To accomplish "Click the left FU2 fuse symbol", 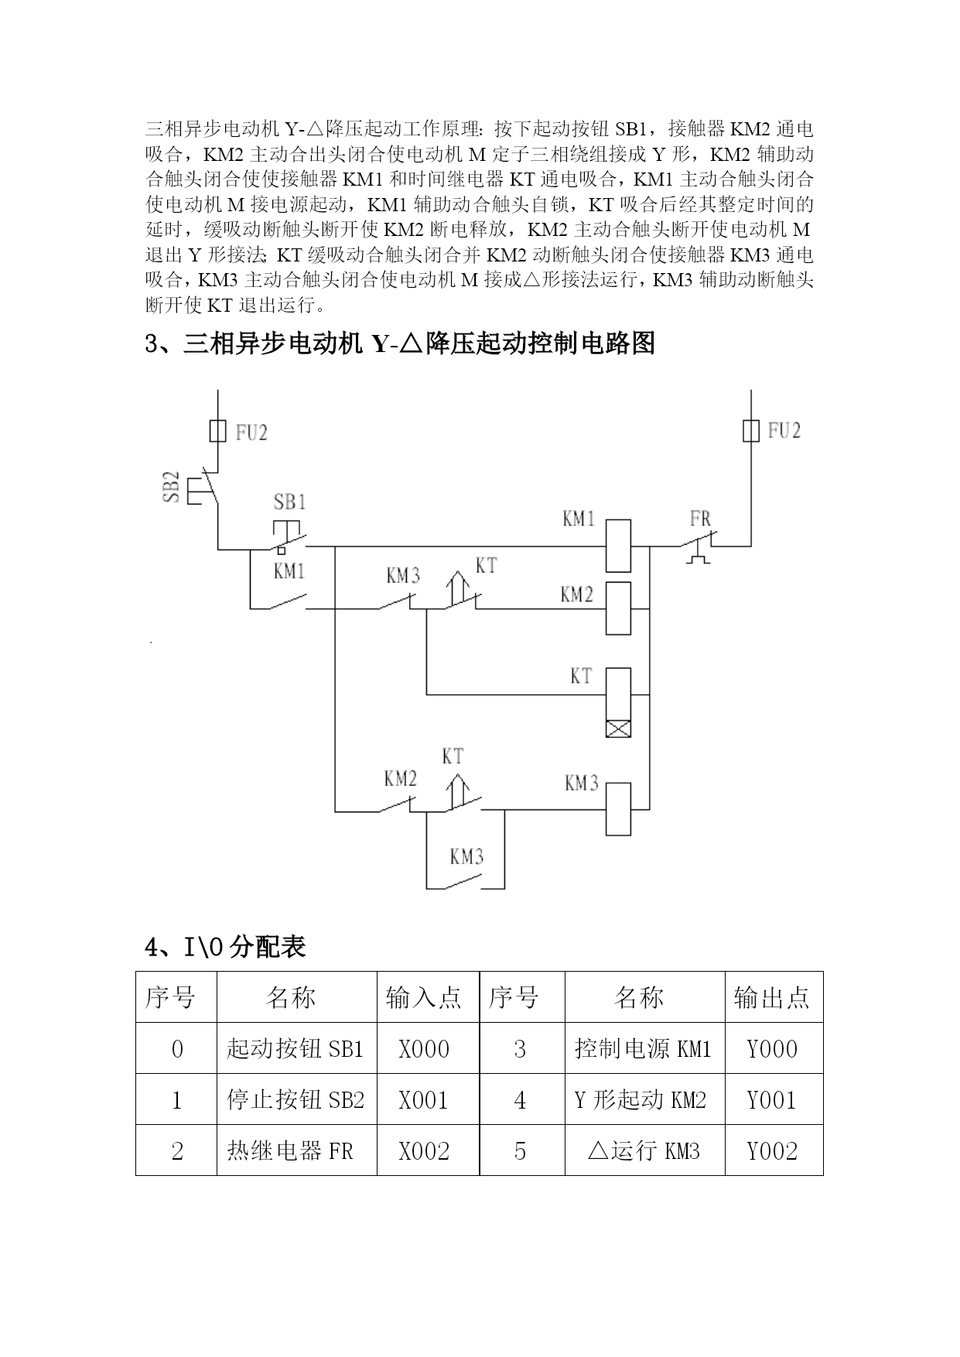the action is point(218,430).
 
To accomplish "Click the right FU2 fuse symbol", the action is point(750,430).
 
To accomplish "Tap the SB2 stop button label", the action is point(172,487).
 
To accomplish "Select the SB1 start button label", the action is point(290,502).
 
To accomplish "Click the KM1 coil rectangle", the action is point(618,545).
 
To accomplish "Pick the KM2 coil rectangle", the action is point(618,608).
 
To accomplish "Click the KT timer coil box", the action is point(618,694).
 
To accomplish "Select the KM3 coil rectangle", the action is point(618,808).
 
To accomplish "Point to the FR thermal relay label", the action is point(700,518).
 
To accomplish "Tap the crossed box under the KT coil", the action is point(618,729).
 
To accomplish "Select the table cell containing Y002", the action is point(774,1150).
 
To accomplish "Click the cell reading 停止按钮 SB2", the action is point(297,1099).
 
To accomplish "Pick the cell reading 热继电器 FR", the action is point(297,1150).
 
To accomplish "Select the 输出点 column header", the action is point(774,997).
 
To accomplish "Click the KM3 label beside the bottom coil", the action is point(582,783).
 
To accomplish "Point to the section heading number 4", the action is point(152,946).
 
